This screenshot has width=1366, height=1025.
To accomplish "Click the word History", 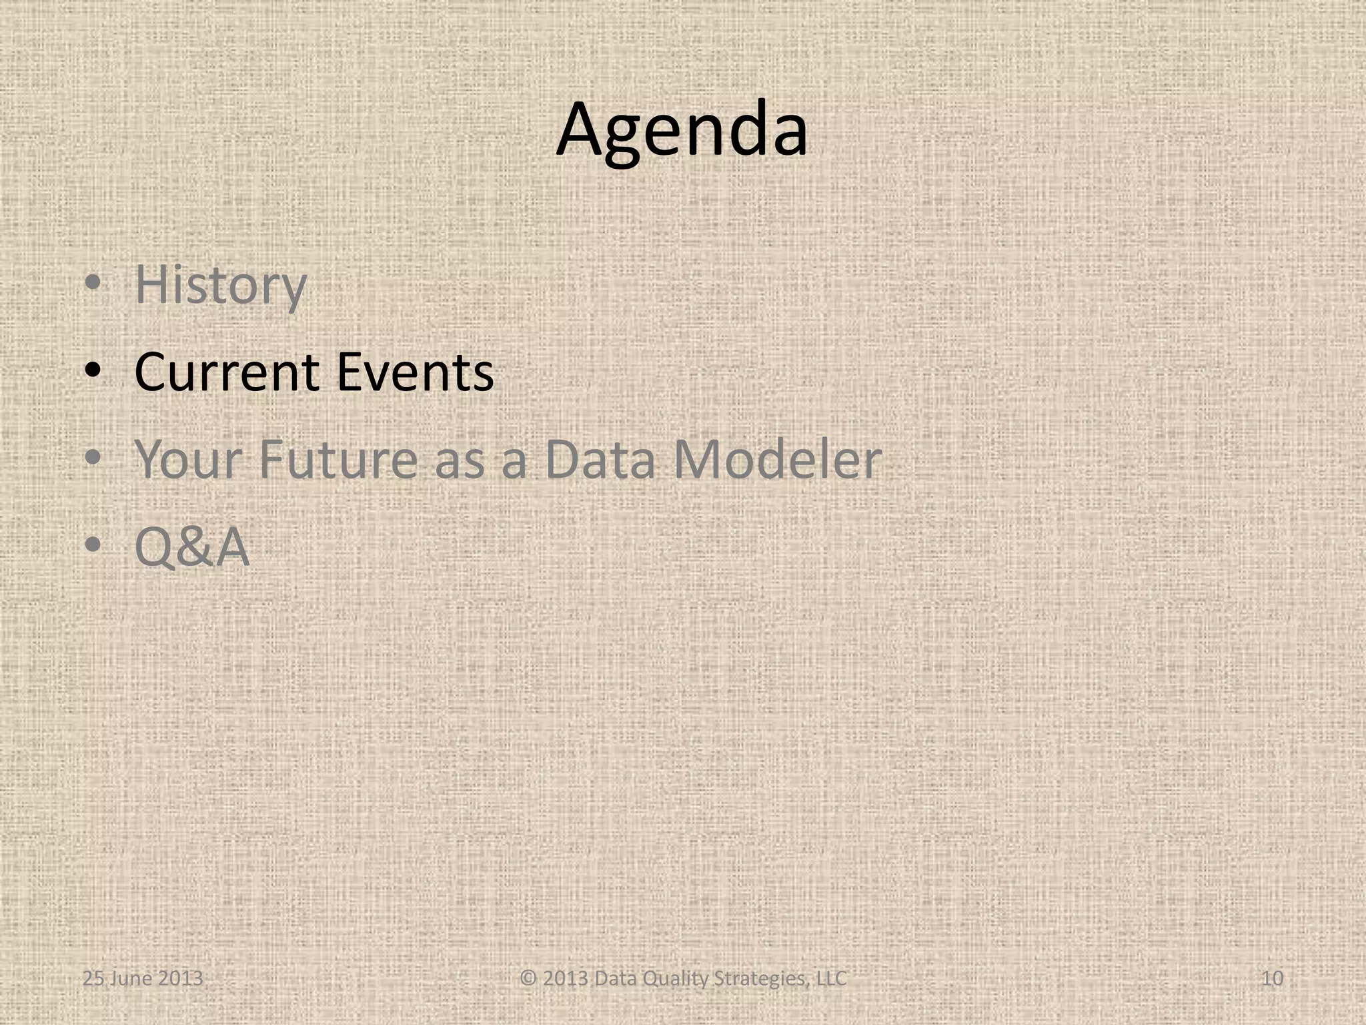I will click(220, 286).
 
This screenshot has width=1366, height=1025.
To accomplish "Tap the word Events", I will click(415, 372).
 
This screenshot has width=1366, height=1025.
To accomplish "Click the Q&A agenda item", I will click(192, 547).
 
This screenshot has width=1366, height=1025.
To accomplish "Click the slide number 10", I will click(1273, 978).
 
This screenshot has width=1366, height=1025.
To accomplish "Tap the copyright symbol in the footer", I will click(528, 978).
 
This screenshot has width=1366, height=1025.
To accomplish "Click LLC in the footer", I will click(831, 978).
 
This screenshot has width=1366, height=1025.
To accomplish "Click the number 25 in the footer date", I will click(92, 978).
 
